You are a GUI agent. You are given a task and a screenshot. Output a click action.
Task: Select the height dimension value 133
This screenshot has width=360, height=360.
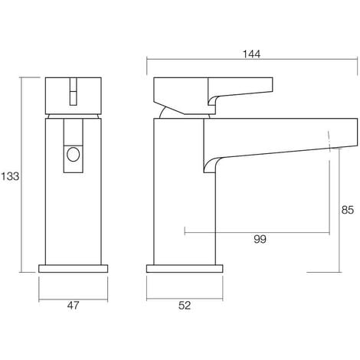[x=11, y=175]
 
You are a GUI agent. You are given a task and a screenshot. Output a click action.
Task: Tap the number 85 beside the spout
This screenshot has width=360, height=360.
[x=348, y=207]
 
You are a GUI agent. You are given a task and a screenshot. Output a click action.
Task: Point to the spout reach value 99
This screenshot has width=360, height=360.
[x=260, y=240]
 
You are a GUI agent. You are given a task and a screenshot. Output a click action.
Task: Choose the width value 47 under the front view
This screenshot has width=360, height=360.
[x=72, y=306]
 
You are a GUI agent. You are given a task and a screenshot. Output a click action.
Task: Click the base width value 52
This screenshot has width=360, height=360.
[x=185, y=306]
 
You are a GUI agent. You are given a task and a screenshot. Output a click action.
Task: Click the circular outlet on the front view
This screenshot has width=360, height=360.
[x=73, y=155]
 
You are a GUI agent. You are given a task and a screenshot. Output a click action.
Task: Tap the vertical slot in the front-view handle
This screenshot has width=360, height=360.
[x=73, y=92]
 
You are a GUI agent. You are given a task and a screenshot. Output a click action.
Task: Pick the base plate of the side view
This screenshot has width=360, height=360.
[x=185, y=270]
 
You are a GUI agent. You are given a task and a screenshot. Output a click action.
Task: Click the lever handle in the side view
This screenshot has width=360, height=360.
[x=214, y=91]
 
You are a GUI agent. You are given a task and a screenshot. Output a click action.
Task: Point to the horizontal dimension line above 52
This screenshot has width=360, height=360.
[x=185, y=296]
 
